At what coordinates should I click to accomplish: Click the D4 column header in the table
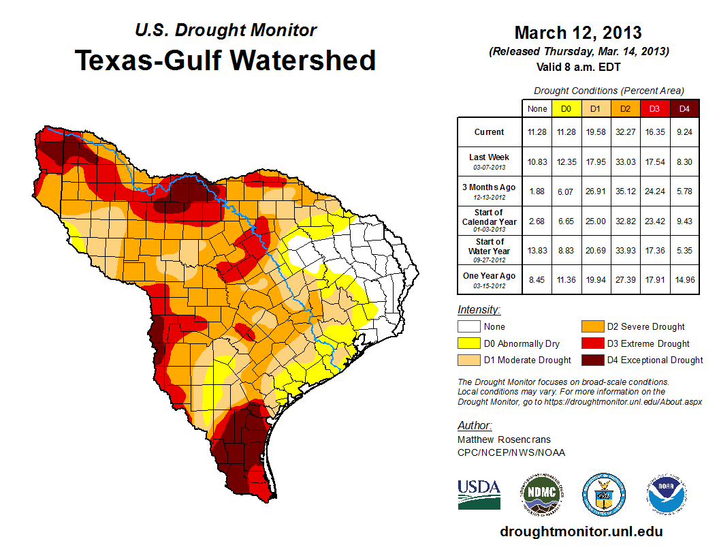click(685, 108)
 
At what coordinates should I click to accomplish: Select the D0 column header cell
click(565, 108)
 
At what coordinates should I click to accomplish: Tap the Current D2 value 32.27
click(625, 132)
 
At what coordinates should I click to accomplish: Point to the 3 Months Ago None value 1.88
click(537, 190)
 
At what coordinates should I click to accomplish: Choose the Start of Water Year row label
click(490, 251)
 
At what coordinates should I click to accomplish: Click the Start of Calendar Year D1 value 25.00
click(595, 221)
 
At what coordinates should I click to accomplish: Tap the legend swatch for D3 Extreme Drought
click(591, 343)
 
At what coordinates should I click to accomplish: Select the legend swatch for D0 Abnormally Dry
click(468, 343)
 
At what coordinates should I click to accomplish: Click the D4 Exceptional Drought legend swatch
click(591, 360)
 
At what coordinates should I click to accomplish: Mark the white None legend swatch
click(468, 327)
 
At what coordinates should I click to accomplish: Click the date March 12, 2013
click(578, 33)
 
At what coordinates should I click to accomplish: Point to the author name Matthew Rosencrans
click(503, 439)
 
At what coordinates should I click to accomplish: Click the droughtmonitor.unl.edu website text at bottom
click(581, 531)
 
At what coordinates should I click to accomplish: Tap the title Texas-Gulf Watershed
click(225, 60)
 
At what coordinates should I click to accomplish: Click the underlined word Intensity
click(479, 310)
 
